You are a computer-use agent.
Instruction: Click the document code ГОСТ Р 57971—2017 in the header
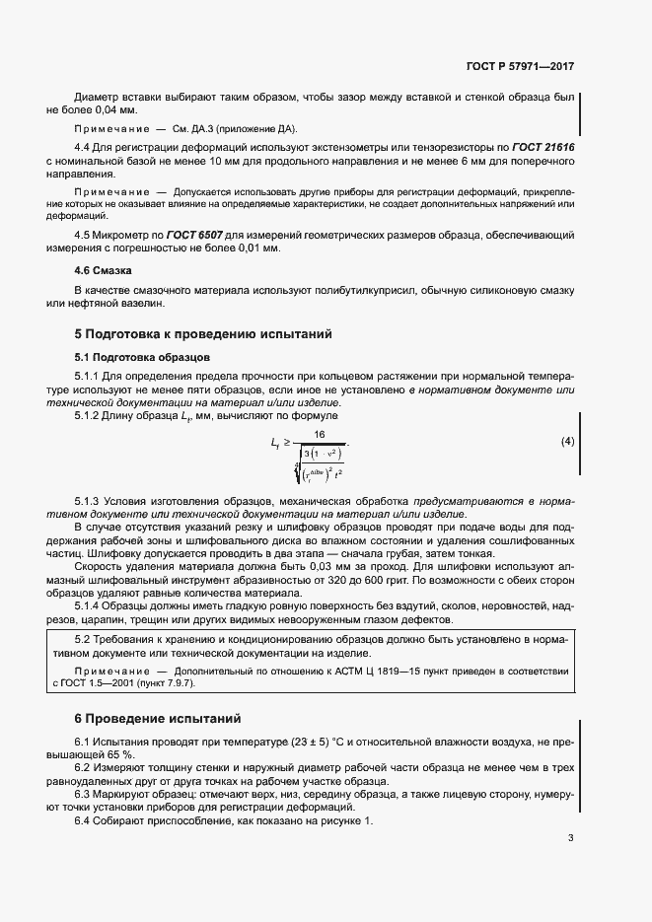[x=519, y=67]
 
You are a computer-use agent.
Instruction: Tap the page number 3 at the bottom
[x=570, y=838]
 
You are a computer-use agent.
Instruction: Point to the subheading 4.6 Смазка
[x=104, y=269]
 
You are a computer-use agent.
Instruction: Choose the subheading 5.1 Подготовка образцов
[x=142, y=356]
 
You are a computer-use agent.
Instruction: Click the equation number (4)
[x=567, y=441]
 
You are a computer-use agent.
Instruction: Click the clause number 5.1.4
[x=90, y=606]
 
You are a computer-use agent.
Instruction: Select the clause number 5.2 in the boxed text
[x=83, y=641]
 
